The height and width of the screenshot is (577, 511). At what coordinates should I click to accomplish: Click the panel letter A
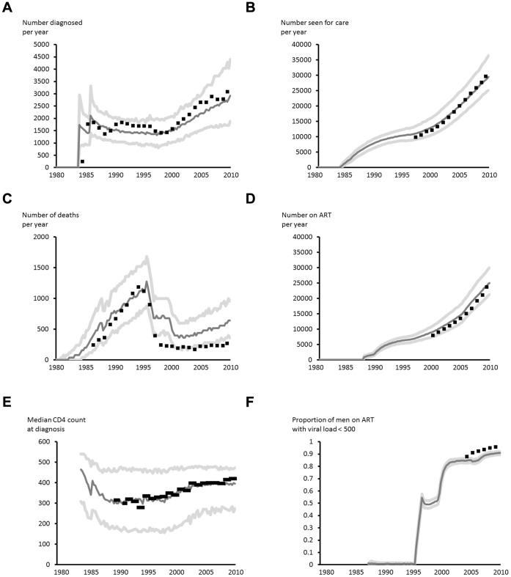point(7,8)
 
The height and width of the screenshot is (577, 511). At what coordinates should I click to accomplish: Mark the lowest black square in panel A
point(82,161)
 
